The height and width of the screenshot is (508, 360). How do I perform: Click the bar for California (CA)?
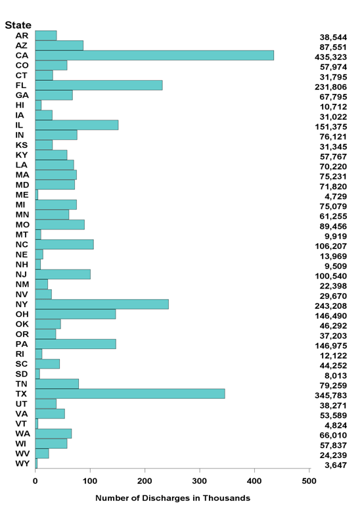tap(154, 56)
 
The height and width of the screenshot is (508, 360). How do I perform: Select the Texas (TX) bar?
tap(130, 394)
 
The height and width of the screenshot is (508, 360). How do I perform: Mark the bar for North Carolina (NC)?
tap(64, 244)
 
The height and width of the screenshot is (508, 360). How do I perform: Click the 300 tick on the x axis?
tap(200, 480)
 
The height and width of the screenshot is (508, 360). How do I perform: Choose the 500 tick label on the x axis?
tap(309, 480)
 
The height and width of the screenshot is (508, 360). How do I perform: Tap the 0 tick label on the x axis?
tap(35, 480)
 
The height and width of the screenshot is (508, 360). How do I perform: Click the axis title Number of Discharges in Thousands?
tap(173, 498)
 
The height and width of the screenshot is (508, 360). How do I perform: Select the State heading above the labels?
tap(18, 25)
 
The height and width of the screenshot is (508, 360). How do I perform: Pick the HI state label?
tap(20, 105)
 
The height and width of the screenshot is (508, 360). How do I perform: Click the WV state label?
tap(22, 453)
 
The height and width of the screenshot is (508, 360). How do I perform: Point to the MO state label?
tap(21, 225)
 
